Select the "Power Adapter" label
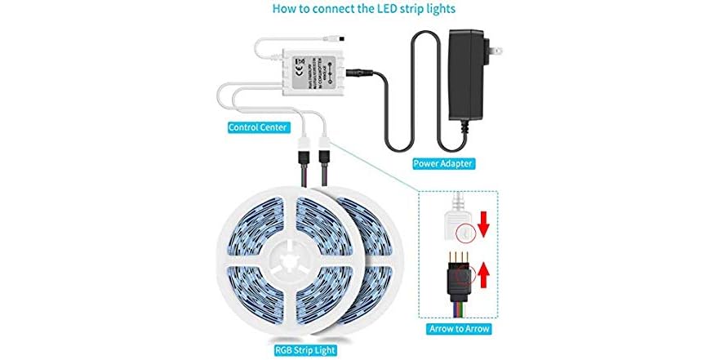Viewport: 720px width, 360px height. pyautogui.click(x=443, y=163)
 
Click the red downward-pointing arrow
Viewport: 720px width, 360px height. pyautogui.click(x=482, y=222)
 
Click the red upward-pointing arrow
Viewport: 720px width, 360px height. pyautogui.click(x=482, y=275)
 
